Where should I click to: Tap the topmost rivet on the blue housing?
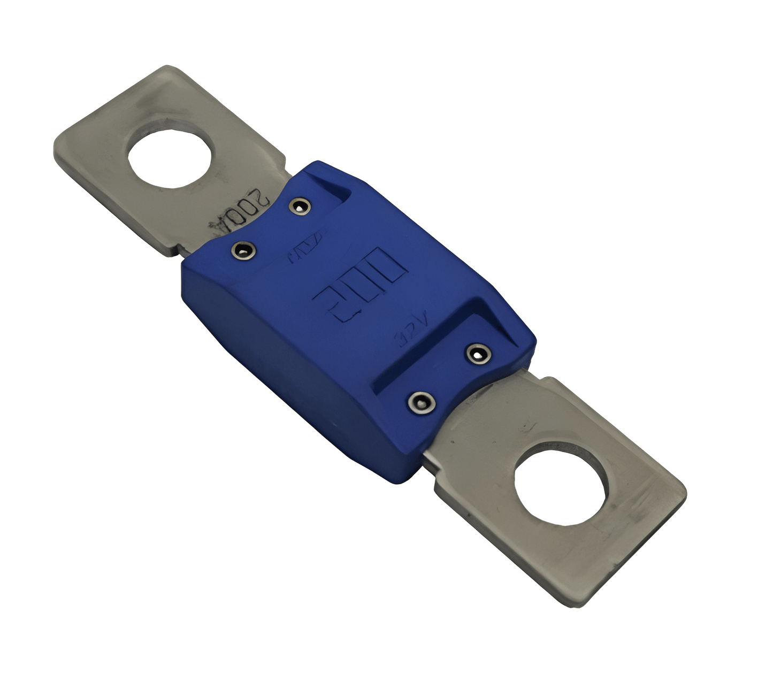pyautogui.click(x=300, y=205)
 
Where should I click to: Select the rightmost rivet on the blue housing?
pyautogui.click(x=478, y=354)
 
